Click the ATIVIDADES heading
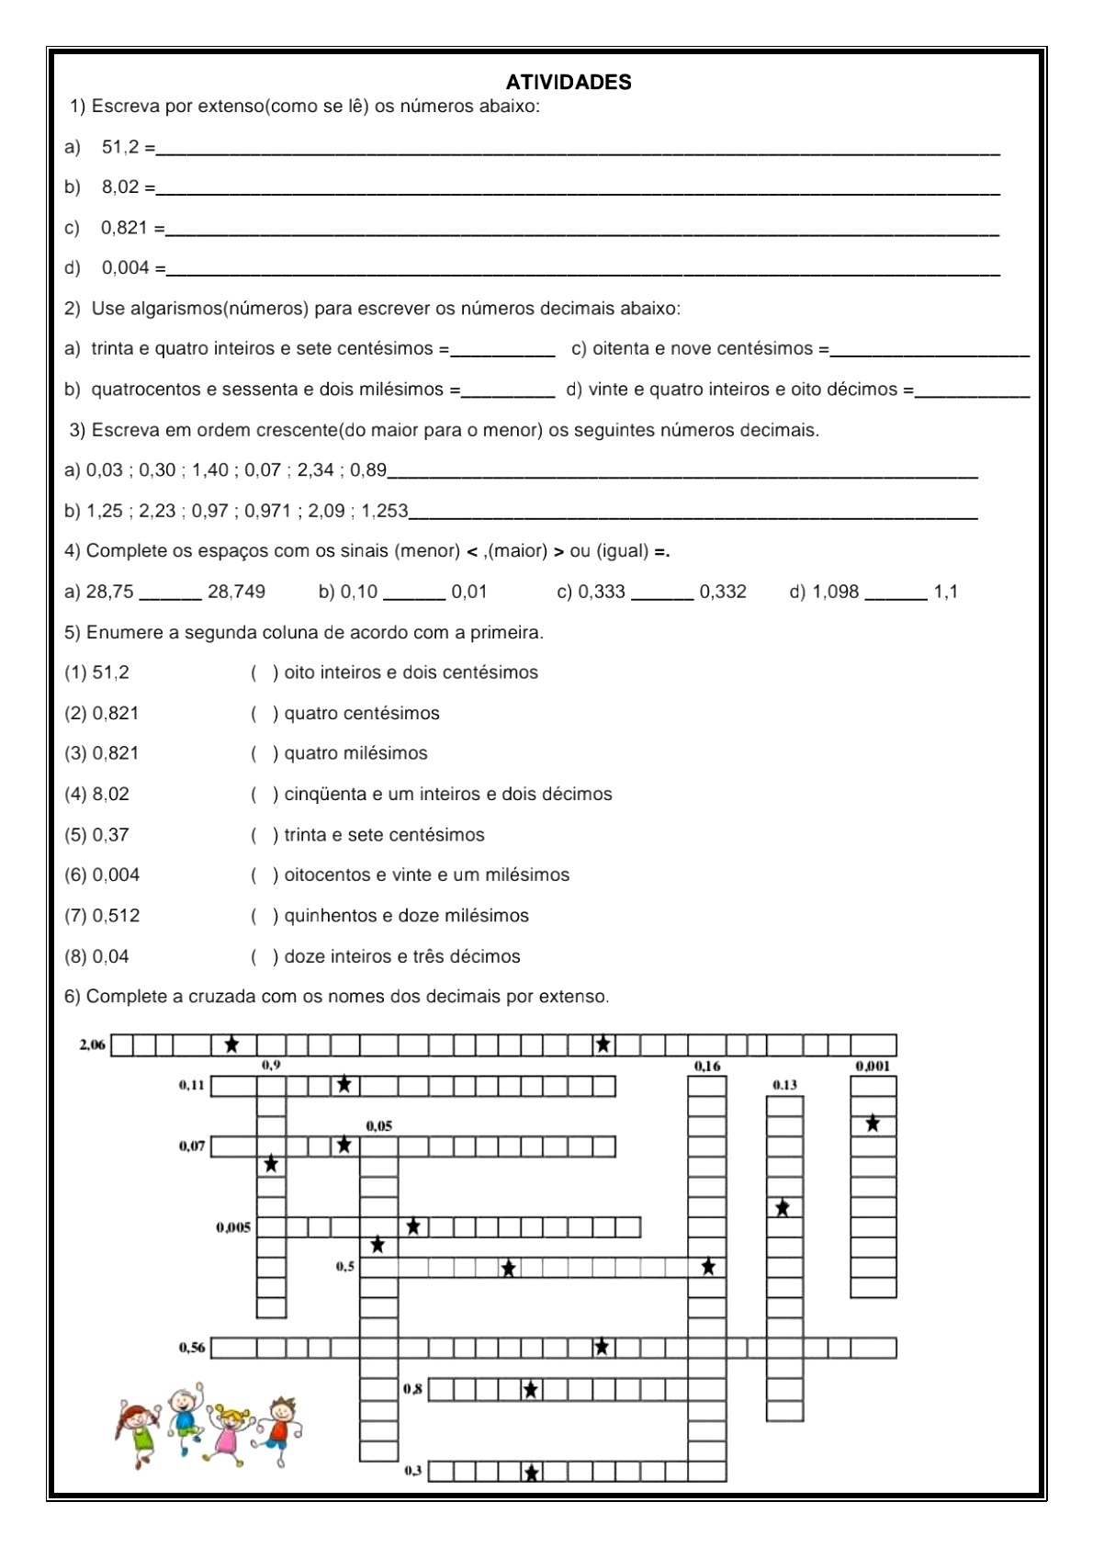pyautogui.click(x=569, y=83)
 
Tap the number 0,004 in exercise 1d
pyautogui.click(x=125, y=268)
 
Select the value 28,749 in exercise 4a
pyautogui.click(x=236, y=592)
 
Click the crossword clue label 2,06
pyautogui.click(x=93, y=1045)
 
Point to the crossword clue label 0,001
pyautogui.click(x=872, y=1067)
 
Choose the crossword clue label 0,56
pyautogui.click(x=192, y=1348)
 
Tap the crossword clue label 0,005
pyautogui.click(x=233, y=1227)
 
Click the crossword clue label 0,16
pyautogui.click(x=706, y=1067)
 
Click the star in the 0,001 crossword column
pyautogui.click(x=873, y=1124)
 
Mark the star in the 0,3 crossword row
pyautogui.click(x=531, y=1473)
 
